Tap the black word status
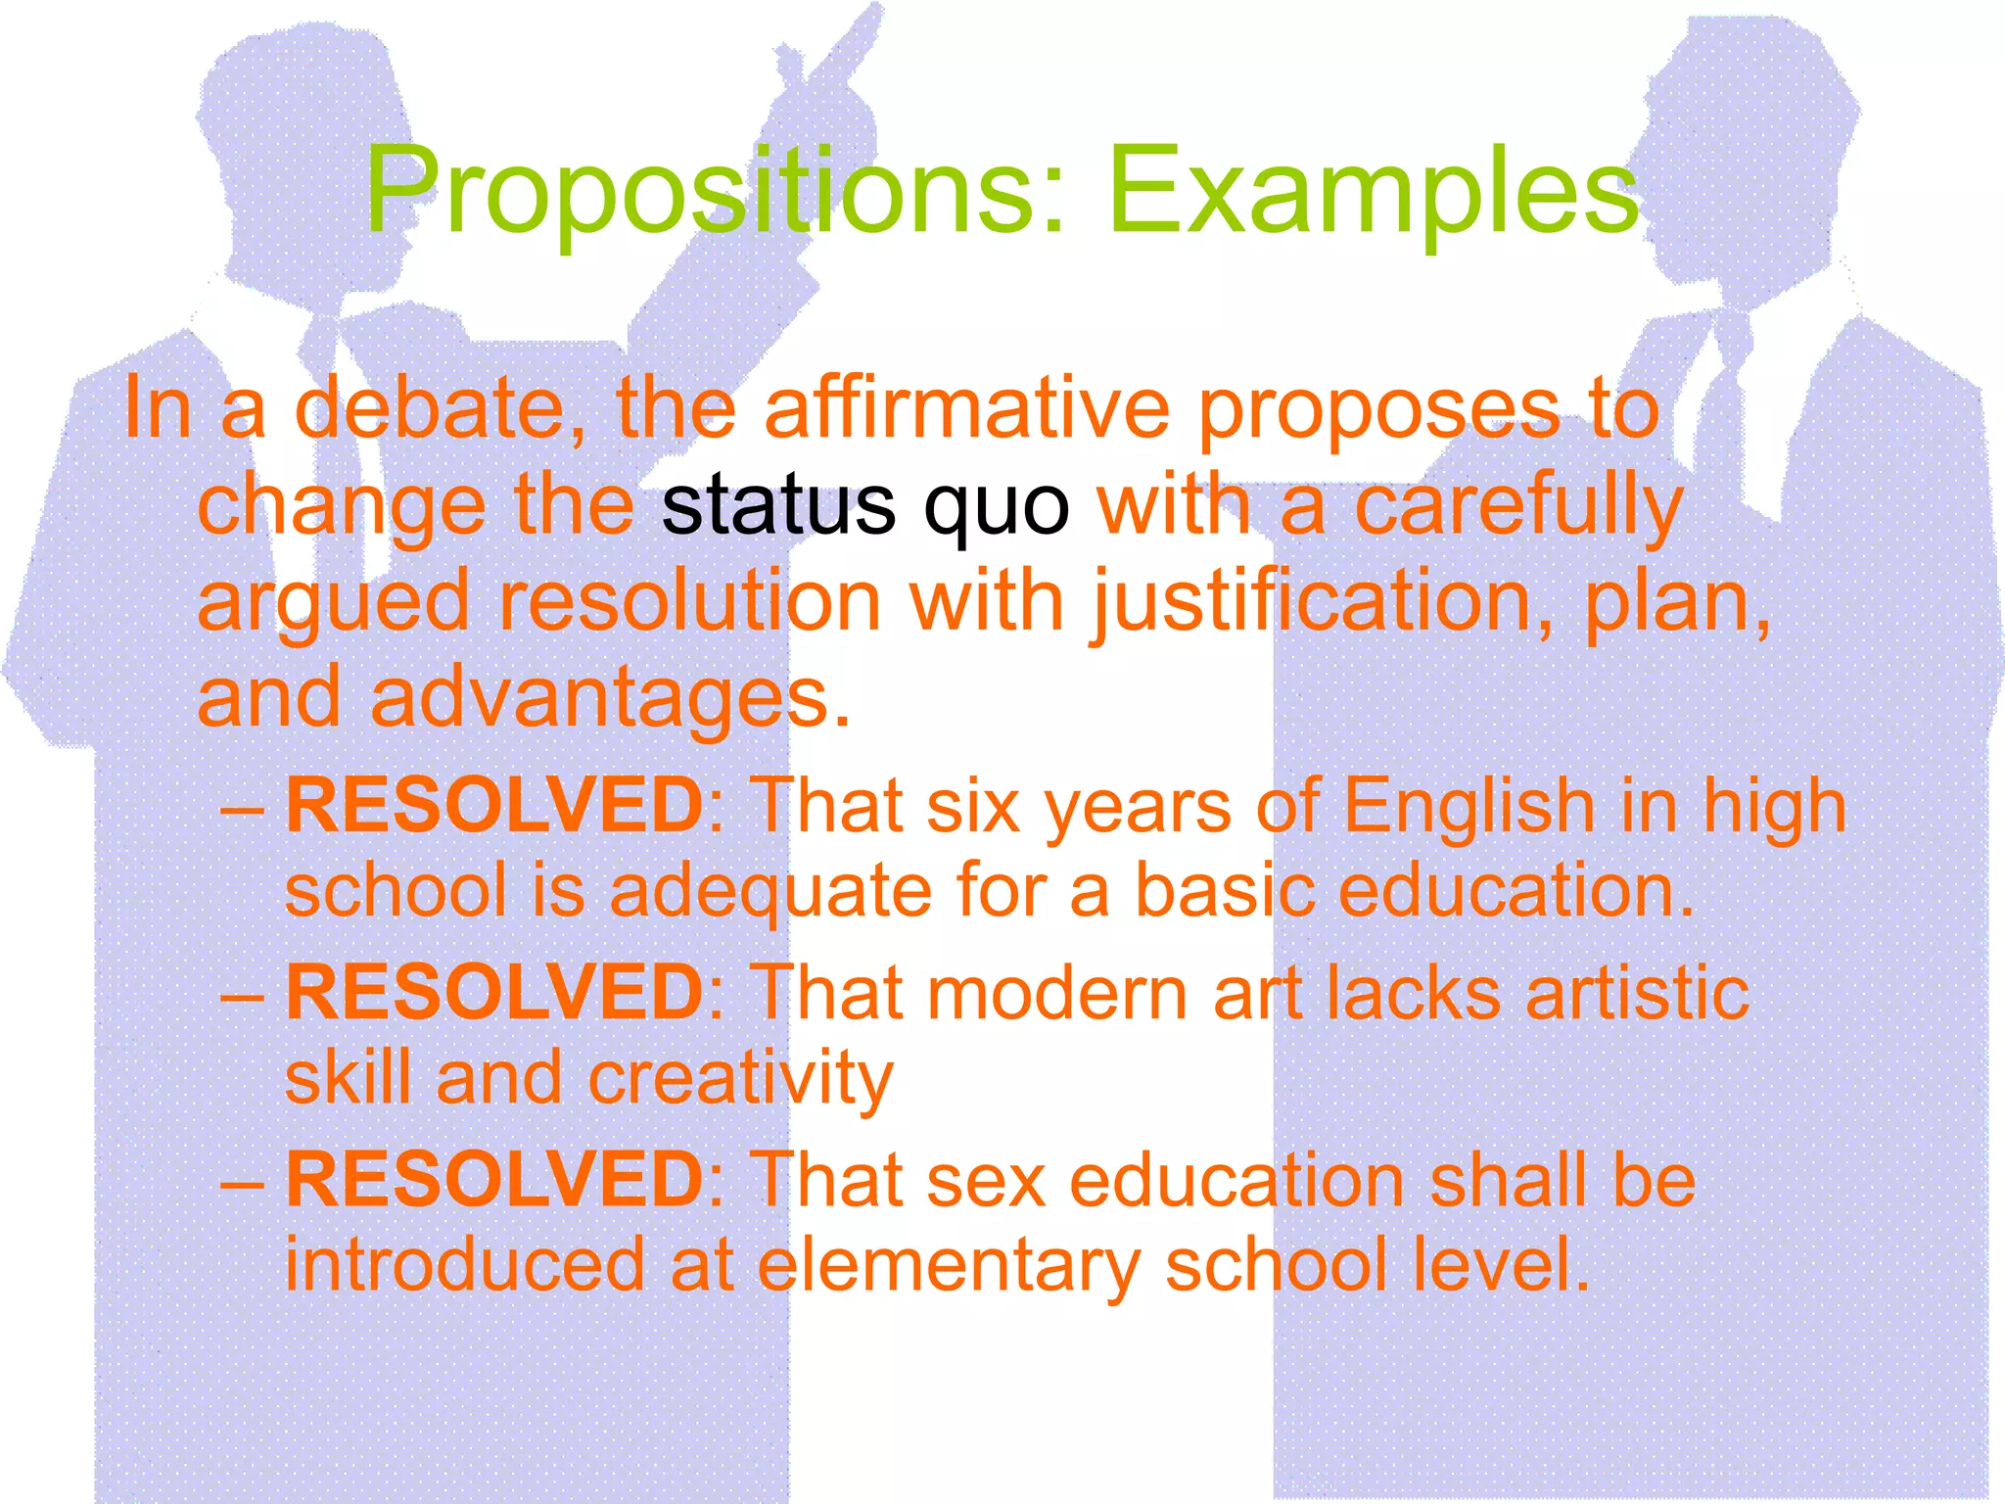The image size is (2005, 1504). point(777,505)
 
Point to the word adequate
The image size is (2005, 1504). point(770,893)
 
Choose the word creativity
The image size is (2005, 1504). point(740,1079)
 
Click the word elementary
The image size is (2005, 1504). point(949,1265)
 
